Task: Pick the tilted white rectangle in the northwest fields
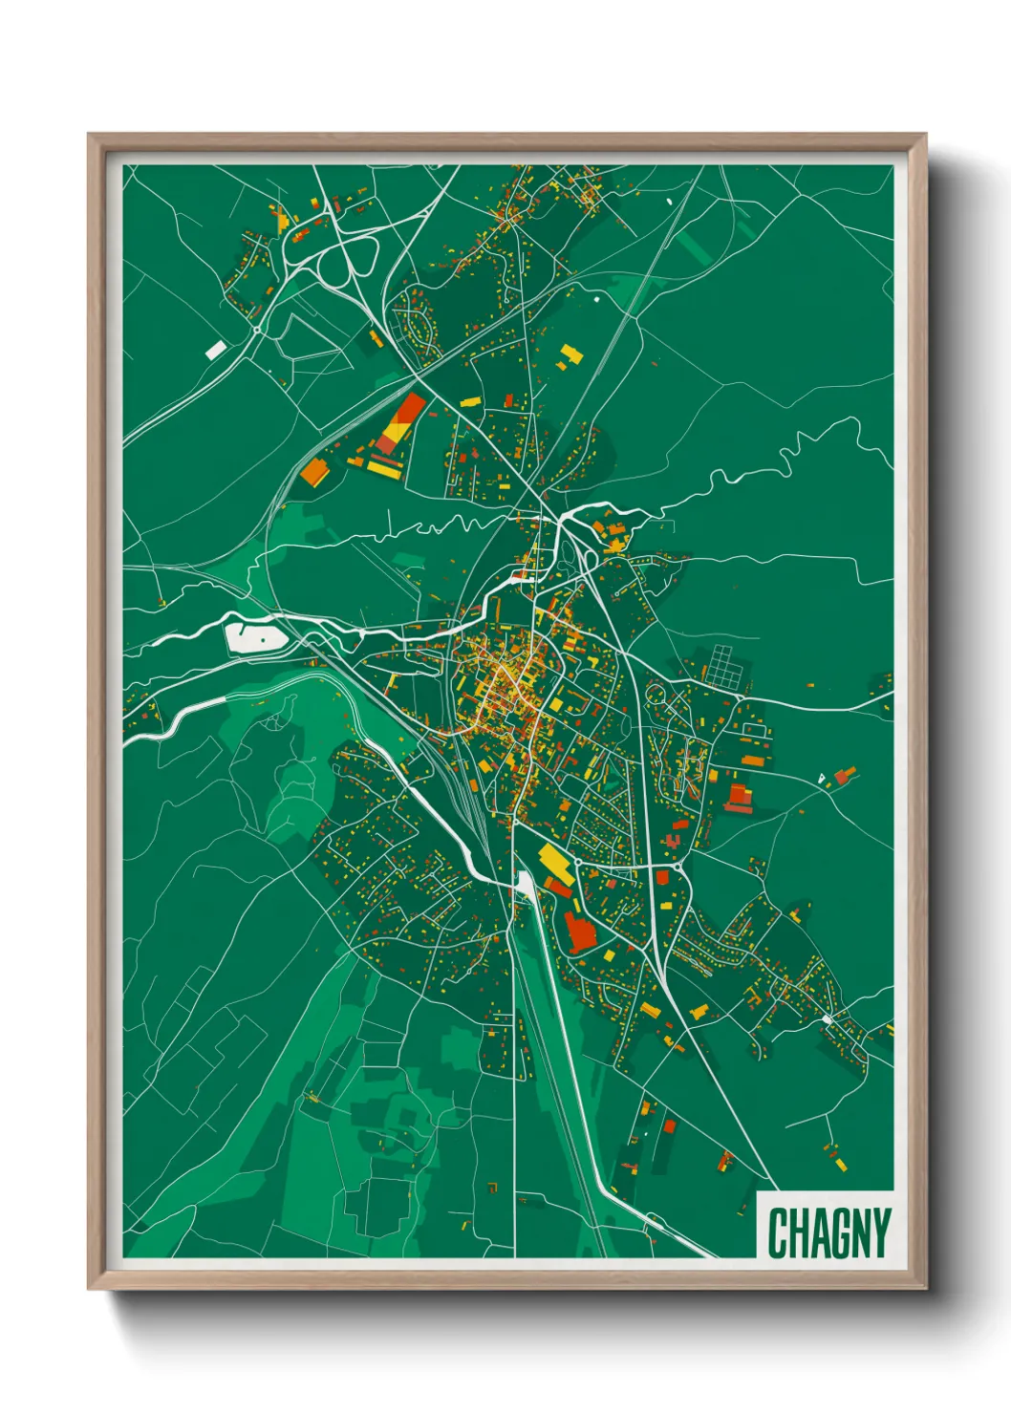[x=216, y=350]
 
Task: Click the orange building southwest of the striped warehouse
[x=313, y=471]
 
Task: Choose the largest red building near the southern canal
[x=578, y=932]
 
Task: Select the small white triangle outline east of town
[x=820, y=779]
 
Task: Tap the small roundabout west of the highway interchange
[x=258, y=330]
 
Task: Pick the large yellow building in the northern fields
[x=570, y=354]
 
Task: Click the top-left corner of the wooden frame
[x=89, y=135]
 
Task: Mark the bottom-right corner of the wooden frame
[x=925, y=1288]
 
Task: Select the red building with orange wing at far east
[x=844, y=774]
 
